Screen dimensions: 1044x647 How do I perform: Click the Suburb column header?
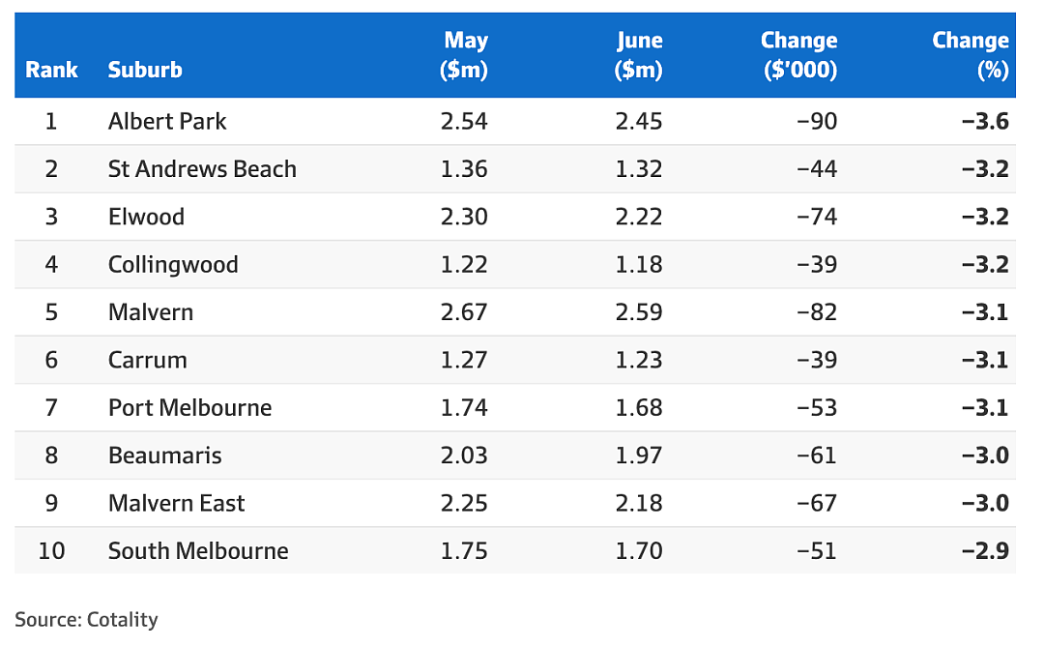pyautogui.click(x=145, y=70)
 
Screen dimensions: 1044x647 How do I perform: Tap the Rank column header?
pyautogui.click(x=51, y=70)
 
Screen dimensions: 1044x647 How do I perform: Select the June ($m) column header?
pyautogui.click(x=639, y=54)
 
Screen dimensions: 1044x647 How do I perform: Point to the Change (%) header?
pyautogui.click(x=971, y=54)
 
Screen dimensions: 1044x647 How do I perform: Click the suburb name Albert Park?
pyautogui.click(x=167, y=121)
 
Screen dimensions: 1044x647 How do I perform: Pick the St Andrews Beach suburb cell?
pyautogui.click(x=202, y=169)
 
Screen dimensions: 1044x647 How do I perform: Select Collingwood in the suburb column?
pyautogui.click(x=173, y=265)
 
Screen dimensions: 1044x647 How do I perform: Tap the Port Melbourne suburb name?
pyautogui.click(x=190, y=408)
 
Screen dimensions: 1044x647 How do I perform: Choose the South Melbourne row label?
pyautogui.click(x=198, y=551)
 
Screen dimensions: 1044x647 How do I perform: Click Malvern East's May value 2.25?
pyautogui.click(x=464, y=503)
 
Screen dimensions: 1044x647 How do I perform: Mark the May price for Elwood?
pyautogui.click(x=464, y=217)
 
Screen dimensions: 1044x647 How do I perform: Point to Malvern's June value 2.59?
pyautogui.click(x=639, y=312)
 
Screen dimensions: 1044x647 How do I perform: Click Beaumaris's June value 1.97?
pyautogui.click(x=639, y=456)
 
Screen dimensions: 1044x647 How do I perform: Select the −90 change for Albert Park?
pyautogui.click(x=816, y=121)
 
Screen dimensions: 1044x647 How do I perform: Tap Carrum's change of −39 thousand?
pyautogui.click(x=816, y=360)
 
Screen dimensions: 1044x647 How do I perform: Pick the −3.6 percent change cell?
pyautogui.click(x=985, y=121)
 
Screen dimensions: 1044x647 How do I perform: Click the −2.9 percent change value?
pyautogui.click(x=985, y=551)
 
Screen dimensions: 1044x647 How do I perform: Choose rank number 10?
pyautogui.click(x=51, y=551)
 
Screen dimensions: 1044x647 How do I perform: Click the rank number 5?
pyautogui.click(x=51, y=312)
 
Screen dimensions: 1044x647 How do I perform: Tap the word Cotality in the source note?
pyautogui.click(x=123, y=620)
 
